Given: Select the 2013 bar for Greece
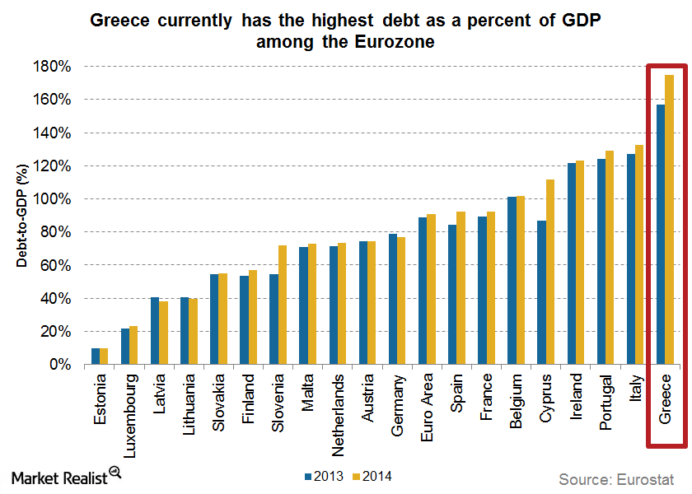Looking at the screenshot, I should point(660,235).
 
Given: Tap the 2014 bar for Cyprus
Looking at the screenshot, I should point(550,272).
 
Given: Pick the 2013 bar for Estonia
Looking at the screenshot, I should point(95,357).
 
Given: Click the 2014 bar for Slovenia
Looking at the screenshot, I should point(283,305).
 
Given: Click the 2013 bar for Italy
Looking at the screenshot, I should point(630,259).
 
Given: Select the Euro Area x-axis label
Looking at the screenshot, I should point(427,398).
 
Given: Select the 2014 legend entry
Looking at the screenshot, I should point(371,476).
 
